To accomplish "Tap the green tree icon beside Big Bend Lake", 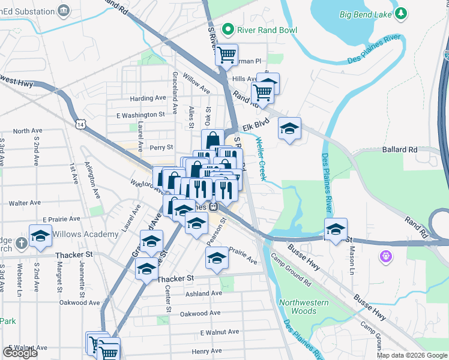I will click(400, 13).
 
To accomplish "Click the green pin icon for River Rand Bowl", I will click(227, 28).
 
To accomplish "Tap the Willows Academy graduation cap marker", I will click(40, 236).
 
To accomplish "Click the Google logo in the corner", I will click(20, 353).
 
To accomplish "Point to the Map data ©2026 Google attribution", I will click(412, 355).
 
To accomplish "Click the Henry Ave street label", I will click(206, 351).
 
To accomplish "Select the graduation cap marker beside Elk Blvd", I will click(290, 128).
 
